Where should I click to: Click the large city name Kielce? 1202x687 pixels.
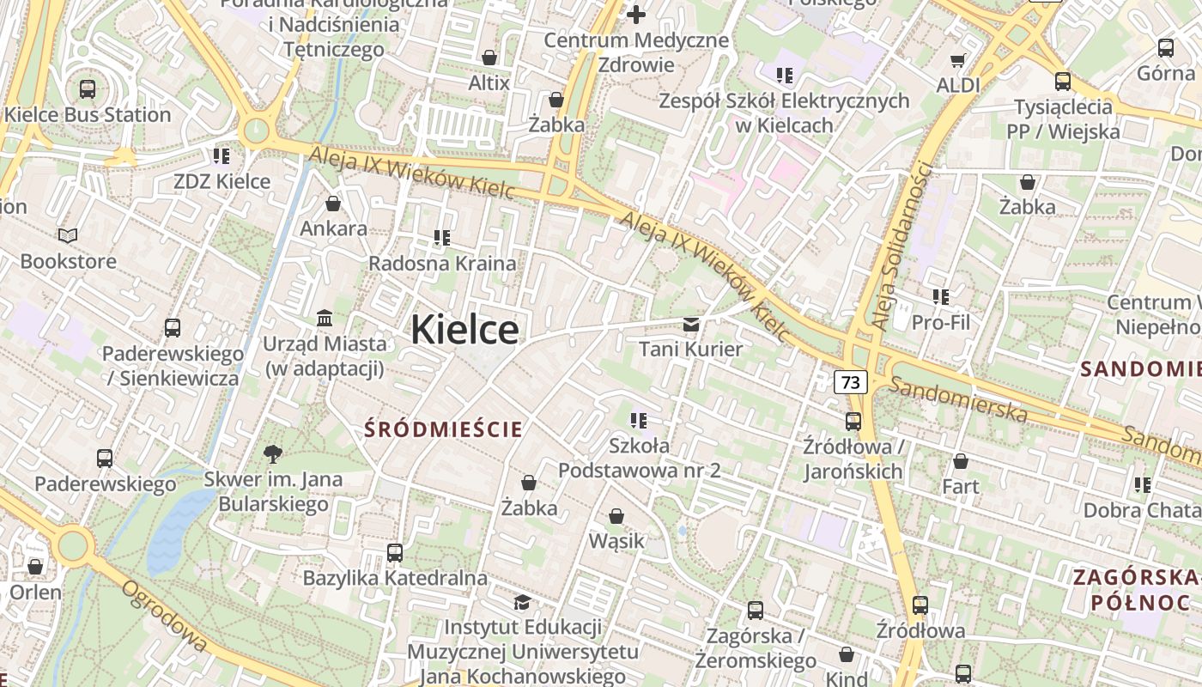(464, 330)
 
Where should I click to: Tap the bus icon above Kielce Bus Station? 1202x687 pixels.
(87, 88)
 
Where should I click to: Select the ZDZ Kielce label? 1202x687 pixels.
(222, 181)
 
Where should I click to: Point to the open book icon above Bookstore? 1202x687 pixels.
(68, 235)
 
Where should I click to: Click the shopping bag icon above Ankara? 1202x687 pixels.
(333, 204)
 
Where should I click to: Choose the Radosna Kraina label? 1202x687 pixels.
(442, 263)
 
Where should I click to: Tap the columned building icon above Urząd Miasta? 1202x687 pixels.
(325, 319)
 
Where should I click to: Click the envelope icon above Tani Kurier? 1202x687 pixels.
(690, 325)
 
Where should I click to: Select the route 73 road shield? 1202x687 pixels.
(850, 382)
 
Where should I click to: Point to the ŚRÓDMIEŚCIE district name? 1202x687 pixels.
(444, 429)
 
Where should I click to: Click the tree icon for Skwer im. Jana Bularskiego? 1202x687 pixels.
(273, 453)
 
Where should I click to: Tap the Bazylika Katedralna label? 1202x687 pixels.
(395, 578)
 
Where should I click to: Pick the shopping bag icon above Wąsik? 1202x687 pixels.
(616, 516)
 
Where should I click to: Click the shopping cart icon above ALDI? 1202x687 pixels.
(957, 60)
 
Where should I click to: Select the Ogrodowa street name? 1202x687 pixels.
(164, 616)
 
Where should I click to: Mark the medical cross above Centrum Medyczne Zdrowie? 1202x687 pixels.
(636, 15)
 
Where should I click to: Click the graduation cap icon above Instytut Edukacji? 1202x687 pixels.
(522, 602)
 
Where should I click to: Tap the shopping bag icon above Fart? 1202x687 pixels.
(960, 461)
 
